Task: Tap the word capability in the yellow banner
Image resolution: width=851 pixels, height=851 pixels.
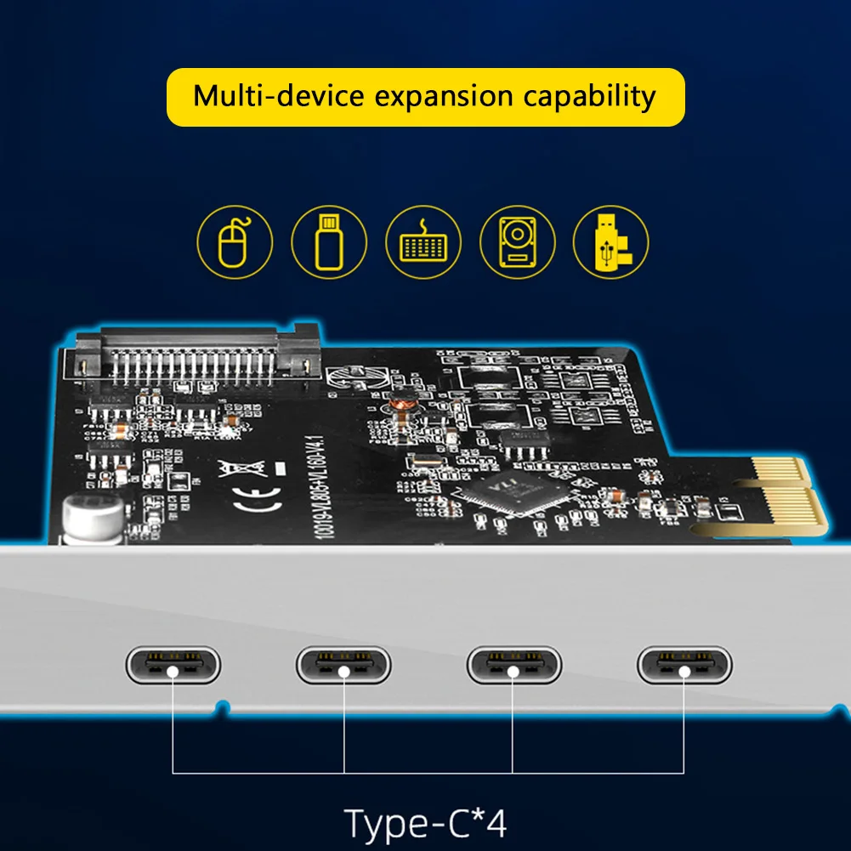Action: (588, 96)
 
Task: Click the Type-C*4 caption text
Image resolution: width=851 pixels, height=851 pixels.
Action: (425, 823)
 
